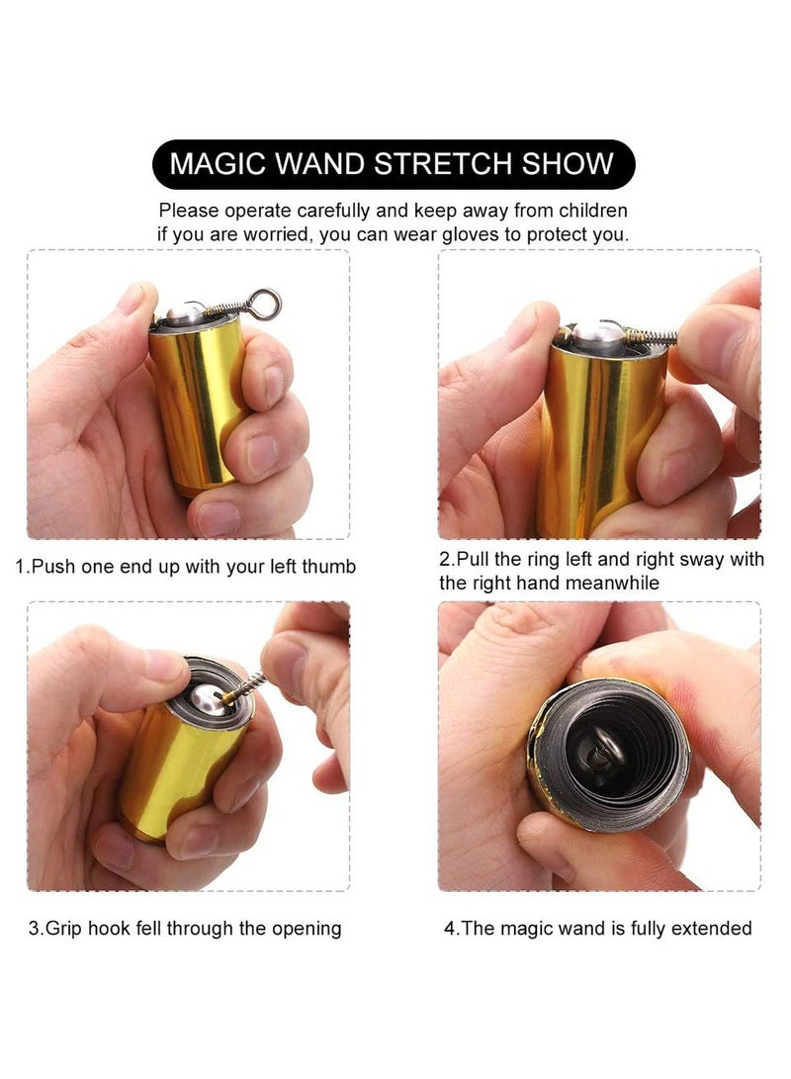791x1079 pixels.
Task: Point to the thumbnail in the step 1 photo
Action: click(132, 297)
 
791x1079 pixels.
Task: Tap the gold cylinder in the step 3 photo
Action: click(174, 781)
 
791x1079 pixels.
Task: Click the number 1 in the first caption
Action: click(21, 568)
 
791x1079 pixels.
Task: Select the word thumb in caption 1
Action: click(329, 568)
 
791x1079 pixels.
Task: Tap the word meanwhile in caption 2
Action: click(613, 584)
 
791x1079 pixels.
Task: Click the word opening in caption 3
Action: click(306, 929)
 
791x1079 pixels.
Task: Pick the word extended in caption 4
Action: click(714, 929)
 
